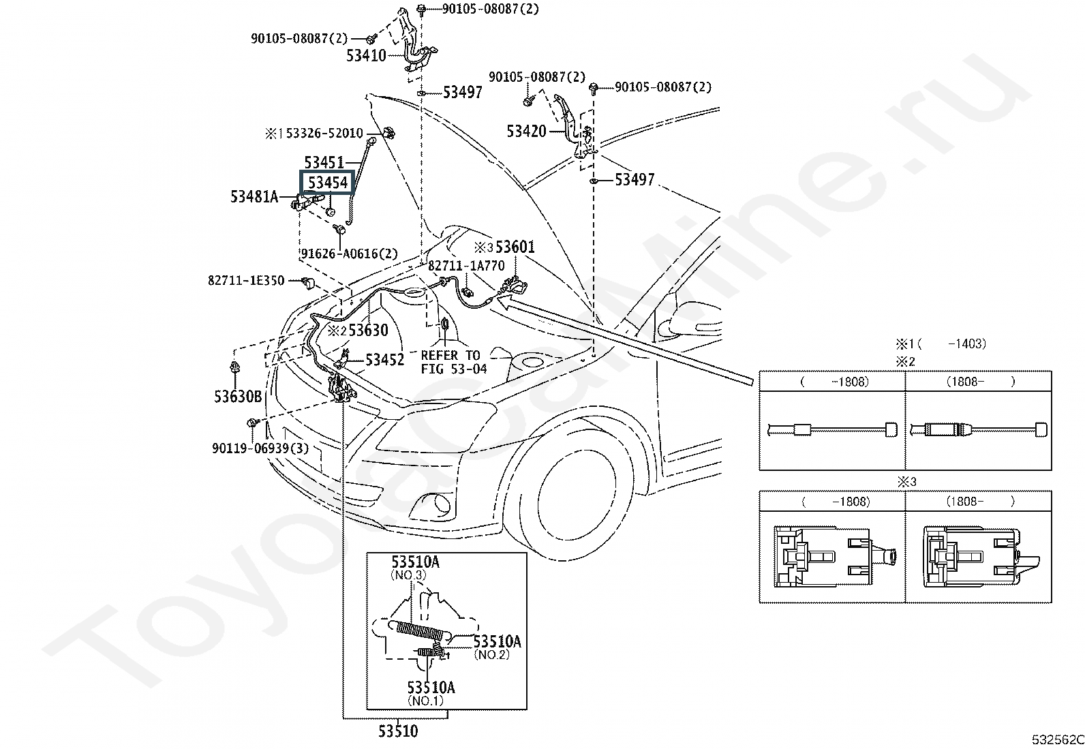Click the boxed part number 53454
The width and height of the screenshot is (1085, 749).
(x=328, y=183)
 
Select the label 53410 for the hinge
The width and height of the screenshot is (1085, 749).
(x=366, y=56)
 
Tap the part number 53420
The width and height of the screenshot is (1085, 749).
(x=527, y=132)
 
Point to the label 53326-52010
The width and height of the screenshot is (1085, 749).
(x=324, y=133)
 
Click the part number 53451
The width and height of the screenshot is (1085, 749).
(x=324, y=162)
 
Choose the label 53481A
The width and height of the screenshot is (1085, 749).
(x=254, y=196)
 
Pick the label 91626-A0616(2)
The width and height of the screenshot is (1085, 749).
(x=349, y=254)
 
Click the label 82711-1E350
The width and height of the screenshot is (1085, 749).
(x=246, y=281)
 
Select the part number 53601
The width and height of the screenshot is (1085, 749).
(x=515, y=247)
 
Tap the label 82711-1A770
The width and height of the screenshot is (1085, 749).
(x=466, y=266)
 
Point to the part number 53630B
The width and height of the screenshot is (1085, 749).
(x=238, y=397)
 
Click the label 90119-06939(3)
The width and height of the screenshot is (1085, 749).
(x=260, y=448)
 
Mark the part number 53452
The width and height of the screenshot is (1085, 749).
(x=384, y=359)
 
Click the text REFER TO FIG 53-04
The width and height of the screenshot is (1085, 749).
(x=454, y=362)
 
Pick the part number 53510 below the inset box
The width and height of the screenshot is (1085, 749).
(x=398, y=731)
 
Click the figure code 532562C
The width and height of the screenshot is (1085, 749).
(x=1058, y=739)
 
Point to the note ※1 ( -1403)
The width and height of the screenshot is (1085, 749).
(x=941, y=344)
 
